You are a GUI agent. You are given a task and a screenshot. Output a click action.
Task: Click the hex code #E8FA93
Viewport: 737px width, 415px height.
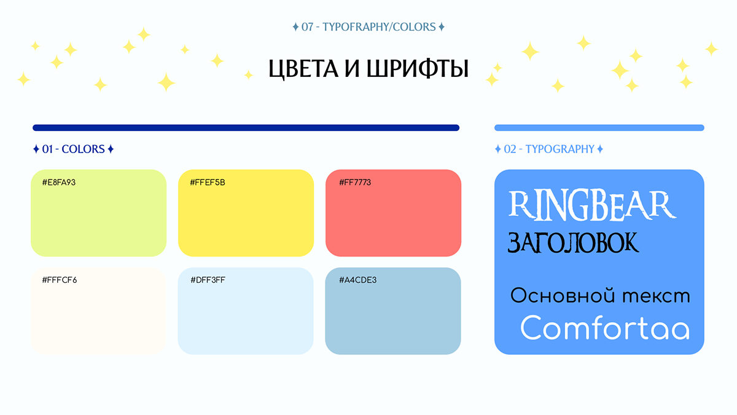pyautogui.click(x=59, y=182)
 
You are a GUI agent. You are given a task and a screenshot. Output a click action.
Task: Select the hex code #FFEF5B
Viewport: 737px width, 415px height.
pyautogui.click(x=208, y=182)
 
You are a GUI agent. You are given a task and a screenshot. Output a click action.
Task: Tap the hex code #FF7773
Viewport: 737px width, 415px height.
pyautogui.click(x=355, y=182)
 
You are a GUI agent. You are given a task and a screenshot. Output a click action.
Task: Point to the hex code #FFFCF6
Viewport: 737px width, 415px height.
pyautogui.click(x=60, y=280)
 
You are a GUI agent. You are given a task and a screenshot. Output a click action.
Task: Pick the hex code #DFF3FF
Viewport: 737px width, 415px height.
pyautogui.click(x=208, y=280)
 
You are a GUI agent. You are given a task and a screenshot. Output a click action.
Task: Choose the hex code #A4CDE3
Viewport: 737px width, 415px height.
pyautogui.click(x=357, y=280)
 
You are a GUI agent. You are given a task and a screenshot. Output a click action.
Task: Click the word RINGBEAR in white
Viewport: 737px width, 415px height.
pyautogui.click(x=592, y=205)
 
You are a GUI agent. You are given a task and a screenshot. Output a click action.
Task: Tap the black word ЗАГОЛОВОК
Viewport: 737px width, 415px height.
pyautogui.click(x=573, y=243)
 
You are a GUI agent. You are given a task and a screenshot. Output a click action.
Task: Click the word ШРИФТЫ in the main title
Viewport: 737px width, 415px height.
pyautogui.click(x=418, y=68)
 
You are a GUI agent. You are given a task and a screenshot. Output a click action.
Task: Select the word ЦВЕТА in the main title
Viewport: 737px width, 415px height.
pyautogui.click(x=303, y=68)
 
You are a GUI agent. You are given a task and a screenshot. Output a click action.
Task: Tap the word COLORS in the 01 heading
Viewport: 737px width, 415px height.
pyautogui.click(x=84, y=149)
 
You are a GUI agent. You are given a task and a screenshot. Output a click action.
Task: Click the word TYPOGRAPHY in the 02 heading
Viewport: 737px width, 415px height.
pyautogui.click(x=560, y=149)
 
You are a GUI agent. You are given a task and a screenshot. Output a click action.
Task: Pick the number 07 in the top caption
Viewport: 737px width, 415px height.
pyautogui.click(x=307, y=27)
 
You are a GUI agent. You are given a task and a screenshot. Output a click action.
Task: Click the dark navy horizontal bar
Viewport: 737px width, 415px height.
pyautogui.click(x=246, y=128)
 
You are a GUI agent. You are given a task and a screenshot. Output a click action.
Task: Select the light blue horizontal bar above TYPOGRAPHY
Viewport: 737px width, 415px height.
pyautogui.click(x=599, y=128)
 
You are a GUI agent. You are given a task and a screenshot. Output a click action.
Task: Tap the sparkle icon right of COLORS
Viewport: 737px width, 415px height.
pyautogui.click(x=111, y=149)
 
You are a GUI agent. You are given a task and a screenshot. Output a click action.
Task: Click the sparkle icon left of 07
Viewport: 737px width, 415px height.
pyautogui.click(x=295, y=26)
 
